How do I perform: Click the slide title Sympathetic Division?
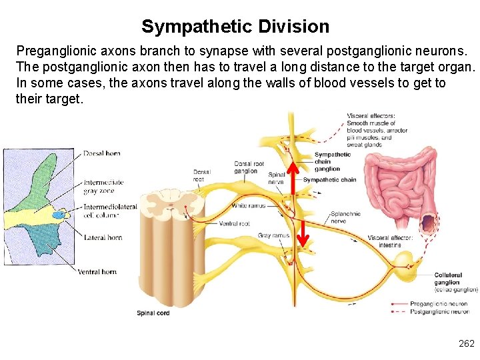235,27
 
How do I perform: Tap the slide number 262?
466,343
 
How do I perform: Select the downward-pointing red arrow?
301,233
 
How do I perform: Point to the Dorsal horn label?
102,153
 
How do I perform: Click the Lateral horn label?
103,237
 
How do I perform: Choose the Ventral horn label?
97,271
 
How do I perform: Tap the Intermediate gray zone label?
103,187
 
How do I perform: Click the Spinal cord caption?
153,313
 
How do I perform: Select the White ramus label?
248,205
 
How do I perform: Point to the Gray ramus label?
273,236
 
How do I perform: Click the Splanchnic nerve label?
346,217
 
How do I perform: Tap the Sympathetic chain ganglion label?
332,161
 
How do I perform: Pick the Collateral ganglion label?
447,279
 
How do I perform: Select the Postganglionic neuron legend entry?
440,311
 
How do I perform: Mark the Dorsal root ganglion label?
249,167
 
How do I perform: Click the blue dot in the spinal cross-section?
59,215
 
